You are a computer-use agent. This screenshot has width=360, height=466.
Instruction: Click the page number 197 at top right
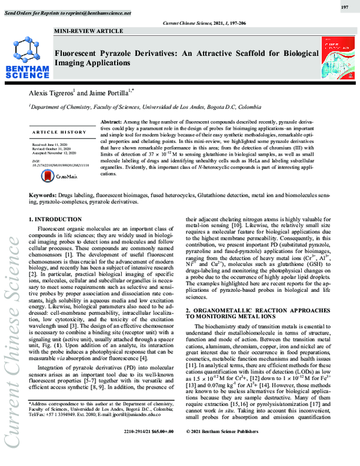click(344, 7)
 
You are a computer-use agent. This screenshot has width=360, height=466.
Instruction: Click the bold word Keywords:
click(43, 196)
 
